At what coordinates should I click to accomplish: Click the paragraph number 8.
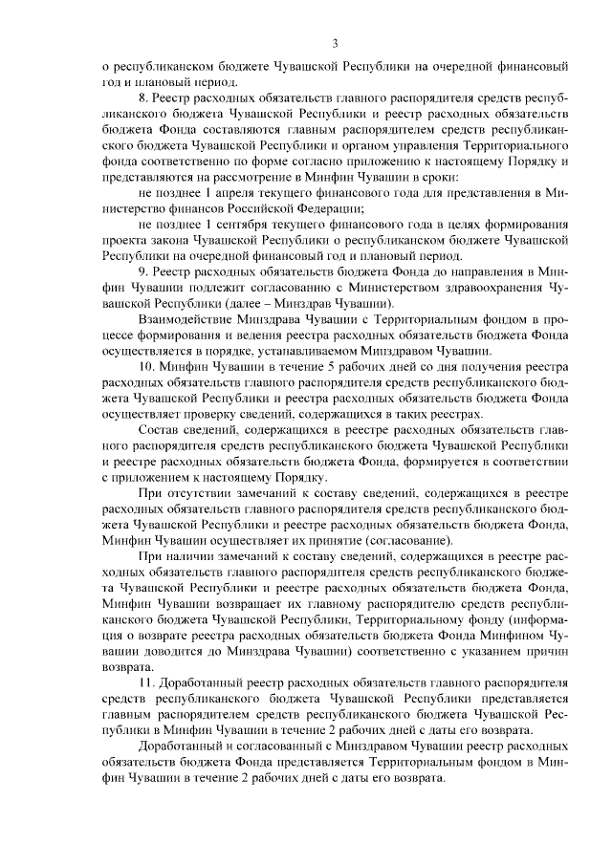pyautogui.click(x=143, y=98)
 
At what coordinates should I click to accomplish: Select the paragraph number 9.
pyautogui.click(x=143, y=272)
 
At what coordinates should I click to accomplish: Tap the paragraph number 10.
pyautogui.click(x=147, y=366)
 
